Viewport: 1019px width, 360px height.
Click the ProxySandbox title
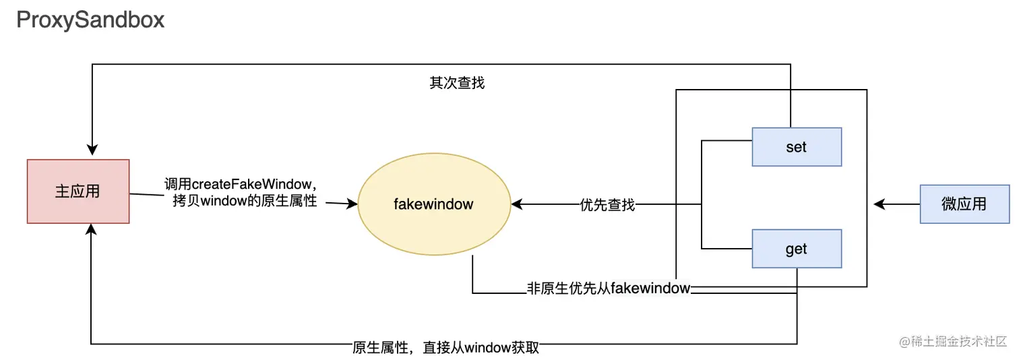pyautogui.click(x=90, y=20)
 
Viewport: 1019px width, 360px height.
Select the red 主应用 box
pyautogui.click(x=78, y=191)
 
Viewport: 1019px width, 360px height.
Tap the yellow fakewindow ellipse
pyautogui.click(x=433, y=204)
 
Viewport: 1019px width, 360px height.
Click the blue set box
pyautogui.click(x=796, y=147)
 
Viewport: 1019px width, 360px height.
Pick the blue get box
pyautogui.click(x=796, y=249)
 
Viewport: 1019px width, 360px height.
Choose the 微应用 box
pyautogui.click(x=964, y=204)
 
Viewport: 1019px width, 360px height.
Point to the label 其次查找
pyautogui.click(x=458, y=84)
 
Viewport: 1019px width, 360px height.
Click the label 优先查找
pyautogui.click(x=607, y=205)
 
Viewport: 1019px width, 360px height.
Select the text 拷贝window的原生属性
pyautogui.click(x=245, y=201)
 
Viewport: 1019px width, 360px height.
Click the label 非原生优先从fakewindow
pyautogui.click(x=609, y=289)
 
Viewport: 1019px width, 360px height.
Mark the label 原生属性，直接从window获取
pyautogui.click(x=445, y=348)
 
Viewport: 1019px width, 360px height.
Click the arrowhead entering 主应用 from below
pyautogui.click(x=92, y=231)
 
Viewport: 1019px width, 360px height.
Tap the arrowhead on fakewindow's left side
pyautogui.click(x=351, y=203)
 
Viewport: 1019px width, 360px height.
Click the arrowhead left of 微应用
pyautogui.click(x=879, y=204)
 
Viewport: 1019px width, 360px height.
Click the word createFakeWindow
pyautogui.click(x=251, y=184)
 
